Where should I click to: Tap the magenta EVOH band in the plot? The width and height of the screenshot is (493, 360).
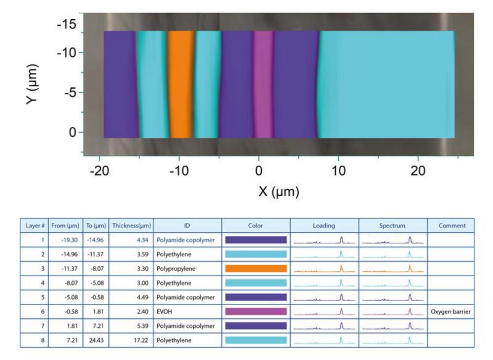pyautogui.click(x=263, y=84)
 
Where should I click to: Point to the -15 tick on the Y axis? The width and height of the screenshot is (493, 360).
pyautogui.click(x=69, y=23)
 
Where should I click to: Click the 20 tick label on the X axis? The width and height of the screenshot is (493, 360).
pyautogui.click(x=418, y=171)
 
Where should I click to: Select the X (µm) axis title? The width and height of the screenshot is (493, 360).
pyautogui.click(x=279, y=191)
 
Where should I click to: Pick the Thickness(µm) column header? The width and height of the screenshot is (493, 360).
pyautogui.click(x=131, y=226)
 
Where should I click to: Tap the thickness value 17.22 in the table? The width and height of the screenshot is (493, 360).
pyautogui.click(x=131, y=340)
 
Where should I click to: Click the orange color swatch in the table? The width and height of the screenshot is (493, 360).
pyautogui.click(x=255, y=269)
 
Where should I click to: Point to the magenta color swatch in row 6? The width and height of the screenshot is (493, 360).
pyautogui.click(x=255, y=312)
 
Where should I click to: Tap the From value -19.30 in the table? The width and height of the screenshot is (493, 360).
pyautogui.click(x=63, y=240)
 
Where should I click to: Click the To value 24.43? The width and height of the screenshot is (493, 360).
pyautogui.click(x=93, y=340)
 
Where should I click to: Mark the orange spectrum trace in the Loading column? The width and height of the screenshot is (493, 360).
pyautogui.click(x=324, y=269)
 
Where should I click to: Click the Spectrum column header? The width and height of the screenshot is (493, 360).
pyautogui.click(x=392, y=226)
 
